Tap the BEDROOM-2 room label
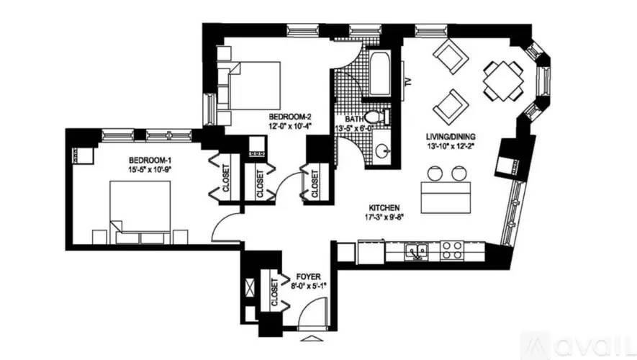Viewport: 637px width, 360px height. [289, 117]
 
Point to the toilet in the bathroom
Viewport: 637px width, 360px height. [376, 117]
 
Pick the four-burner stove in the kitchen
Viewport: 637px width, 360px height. [451, 251]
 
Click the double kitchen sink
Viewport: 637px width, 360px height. [416, 251]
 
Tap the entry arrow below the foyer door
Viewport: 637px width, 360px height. [311, 338]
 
